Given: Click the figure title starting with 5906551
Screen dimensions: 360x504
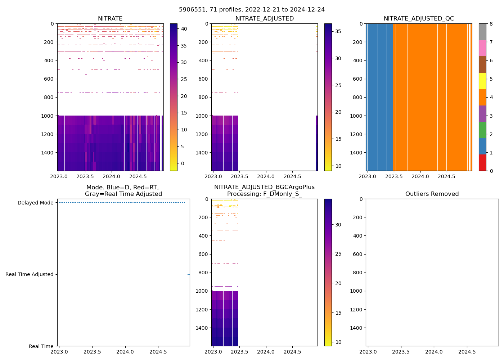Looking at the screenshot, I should click(x=252, y=10).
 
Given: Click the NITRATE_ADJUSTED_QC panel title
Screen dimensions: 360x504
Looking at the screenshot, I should click(x=419, y=19).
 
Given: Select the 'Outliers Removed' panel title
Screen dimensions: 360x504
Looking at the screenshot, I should click(x=432, y=194).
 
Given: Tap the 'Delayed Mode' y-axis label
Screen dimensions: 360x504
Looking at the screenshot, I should click(x=35, y=203).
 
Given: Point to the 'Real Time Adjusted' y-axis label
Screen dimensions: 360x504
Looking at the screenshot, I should click(x=30, y=274).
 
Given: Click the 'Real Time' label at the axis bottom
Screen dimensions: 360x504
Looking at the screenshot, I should click(x=41, y=346).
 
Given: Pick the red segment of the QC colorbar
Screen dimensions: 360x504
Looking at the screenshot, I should click(x=482, y=162).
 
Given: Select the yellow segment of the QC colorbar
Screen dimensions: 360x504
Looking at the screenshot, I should click(x=482, y=81).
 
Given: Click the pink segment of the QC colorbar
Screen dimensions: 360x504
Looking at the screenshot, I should click(x=482, y=48).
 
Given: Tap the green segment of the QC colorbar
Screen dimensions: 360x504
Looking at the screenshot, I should click(x=482, y=130).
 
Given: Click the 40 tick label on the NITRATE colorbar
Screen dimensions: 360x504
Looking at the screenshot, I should click(x=184, y=29).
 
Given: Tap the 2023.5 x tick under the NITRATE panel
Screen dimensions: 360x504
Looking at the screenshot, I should click(x=85, y=176).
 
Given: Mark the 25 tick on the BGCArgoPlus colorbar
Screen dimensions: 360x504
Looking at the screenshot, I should click(x=338, y=254).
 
